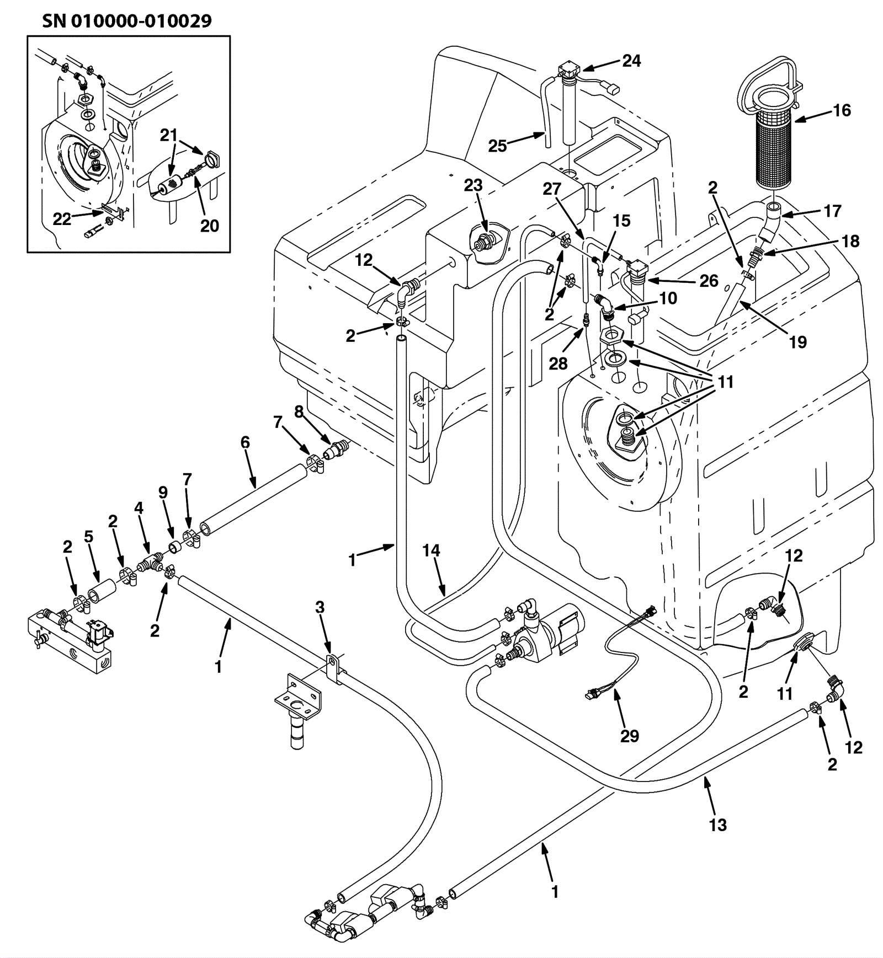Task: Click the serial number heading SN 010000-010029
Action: click(126, 21)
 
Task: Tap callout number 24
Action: click(631, 61)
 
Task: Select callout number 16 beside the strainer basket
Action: click(842, 110)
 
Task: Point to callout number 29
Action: click(629, 736)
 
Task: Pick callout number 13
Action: click(717, 825)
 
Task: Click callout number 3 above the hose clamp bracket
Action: click(320, 607)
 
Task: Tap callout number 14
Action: click(431, 550)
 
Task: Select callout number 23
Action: click(473, 185)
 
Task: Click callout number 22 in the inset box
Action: click(62, 219)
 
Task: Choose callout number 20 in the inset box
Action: click(209, 226)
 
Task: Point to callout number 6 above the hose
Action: click(245, 442)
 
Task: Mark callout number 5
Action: click(88, 537)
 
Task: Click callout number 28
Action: click(558, 363)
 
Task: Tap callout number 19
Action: click(797, 342)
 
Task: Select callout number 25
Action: click(497, 146)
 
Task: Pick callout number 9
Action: click(163, 492)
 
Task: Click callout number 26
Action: click(709, 281)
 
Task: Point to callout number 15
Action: click(621, 221)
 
